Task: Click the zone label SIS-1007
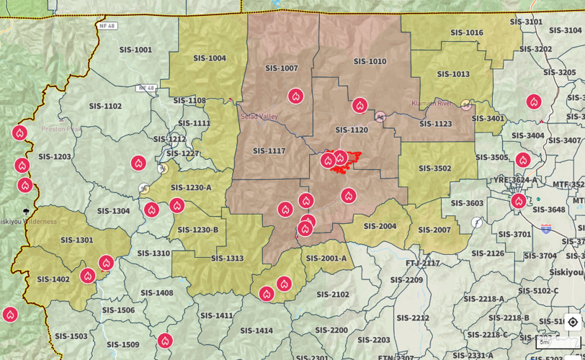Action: (x=281, y=68)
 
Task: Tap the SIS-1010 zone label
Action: (x=370, y=62)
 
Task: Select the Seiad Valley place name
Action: (x=259, y=117)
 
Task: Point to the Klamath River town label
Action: (x=431, y=104)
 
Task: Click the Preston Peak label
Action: (x=61, y=130)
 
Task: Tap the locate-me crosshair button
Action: (x=573, y=322)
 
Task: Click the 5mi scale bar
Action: (x=558, y=343)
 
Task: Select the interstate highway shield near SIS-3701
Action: (x=546, y=229)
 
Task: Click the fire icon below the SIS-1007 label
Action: (x=295, y=96)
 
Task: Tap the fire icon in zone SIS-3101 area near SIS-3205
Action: (x=533, y=102)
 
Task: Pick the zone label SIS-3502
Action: (x=434, y=168)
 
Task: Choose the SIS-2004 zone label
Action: (x=380, y=226)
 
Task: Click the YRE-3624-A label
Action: (x=515, y=180)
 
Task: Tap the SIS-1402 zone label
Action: (x=53, y=279)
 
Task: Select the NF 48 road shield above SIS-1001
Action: (x=107, y=26)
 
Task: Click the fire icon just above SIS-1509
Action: (x=165, y=340)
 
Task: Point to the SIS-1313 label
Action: (x=227, y=258)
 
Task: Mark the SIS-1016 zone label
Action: (x=467, y=32)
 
